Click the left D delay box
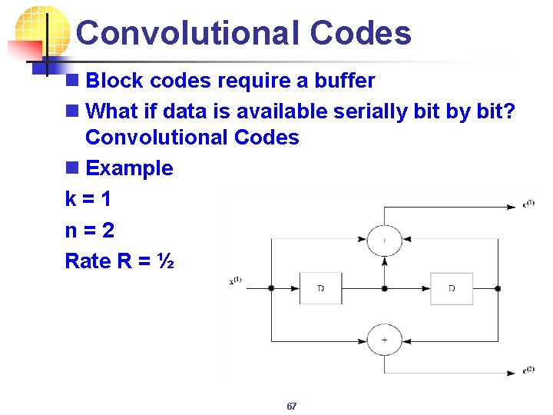click(x=321, y=288)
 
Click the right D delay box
click(x=452, y=288)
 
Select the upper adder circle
click(x=384, y=239)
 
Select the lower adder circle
click(x=384, y=339)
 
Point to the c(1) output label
click(x=528, y=203)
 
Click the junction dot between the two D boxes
click(x=384, y=288)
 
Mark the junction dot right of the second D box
click(x=498, y=288)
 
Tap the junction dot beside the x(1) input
click(x=270, y=288)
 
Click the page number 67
click(x=291, y=406)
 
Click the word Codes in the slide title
click(x=360, y=33)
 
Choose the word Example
click(x=129, y=168)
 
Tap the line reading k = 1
click(x=88, y=199)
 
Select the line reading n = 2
click(x=88, y=230)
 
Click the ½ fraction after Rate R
click(x=165, y=261)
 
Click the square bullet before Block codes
click(x=72, y=81)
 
